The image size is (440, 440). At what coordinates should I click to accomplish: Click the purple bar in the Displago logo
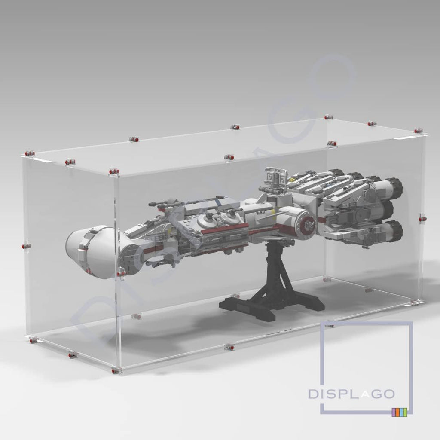394,412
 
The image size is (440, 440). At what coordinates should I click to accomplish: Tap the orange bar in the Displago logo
397,412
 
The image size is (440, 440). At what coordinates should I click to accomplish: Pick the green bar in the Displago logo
401,412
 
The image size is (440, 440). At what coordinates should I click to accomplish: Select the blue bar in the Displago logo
405,412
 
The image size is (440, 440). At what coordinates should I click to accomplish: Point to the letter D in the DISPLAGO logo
313,394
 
